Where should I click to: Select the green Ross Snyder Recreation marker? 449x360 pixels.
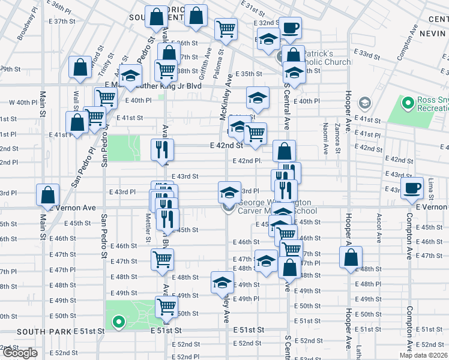(408, 104)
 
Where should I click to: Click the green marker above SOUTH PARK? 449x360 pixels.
(118, 323)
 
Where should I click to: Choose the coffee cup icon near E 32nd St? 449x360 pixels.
(290, 28)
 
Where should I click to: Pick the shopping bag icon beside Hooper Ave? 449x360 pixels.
(351, 258)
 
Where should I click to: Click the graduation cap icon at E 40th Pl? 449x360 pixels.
(258, 98)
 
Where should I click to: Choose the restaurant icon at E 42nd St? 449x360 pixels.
(161, 150)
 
